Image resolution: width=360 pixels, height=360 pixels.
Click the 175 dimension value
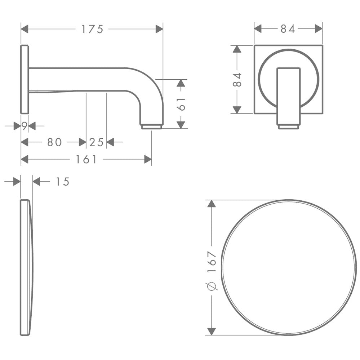pyautogui.click(x=92, y=29)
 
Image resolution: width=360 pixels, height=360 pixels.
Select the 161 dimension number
pyautogui.click(x=86, y=159)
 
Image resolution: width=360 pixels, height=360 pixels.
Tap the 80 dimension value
pyautogui.click(x=54, y=142)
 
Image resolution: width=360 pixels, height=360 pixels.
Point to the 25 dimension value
pyautogui.click(x=96, y=142)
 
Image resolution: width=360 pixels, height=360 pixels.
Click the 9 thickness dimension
pyautogui.click(x=25, y=126)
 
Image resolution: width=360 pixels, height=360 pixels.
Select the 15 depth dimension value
pyautogui.click(x=62, y=182)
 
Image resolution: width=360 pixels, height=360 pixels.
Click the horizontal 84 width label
pyautogui.click(x=288, y=29)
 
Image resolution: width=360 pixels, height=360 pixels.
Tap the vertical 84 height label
pyautogui.click(x=237, y=80)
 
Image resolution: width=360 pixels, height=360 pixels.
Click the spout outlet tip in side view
pyautogui.click(x=151, y=127)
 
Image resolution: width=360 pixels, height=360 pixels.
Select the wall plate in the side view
pyautogui.click(x=25, y=79)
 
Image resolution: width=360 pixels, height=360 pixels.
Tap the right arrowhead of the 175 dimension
pyautogui.click(x=159, y=29)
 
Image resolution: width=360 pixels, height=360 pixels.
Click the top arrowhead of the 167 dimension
pyautogui.click(x=212, y=204)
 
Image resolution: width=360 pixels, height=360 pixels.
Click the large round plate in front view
pyautogui.click(x=289, y=267)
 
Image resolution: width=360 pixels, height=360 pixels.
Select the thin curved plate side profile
pyautogui.click(x=26, y=267)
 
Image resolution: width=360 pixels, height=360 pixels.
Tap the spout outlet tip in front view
pyautogui.click(x=288, y=127)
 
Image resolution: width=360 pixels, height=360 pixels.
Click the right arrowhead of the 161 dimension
pyautogui.click(x=148, y=159)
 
